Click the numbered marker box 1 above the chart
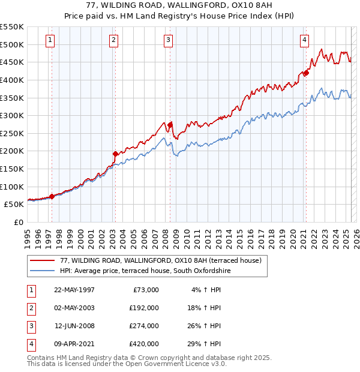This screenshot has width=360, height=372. click(x=49, y=40)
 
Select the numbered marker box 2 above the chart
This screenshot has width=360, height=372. click(x=113, y=40)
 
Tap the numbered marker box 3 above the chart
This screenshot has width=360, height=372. click(x=168, y=40)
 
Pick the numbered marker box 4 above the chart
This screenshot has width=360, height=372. click(x=305, y=40)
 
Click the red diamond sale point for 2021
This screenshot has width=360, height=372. click(x=305, y=73)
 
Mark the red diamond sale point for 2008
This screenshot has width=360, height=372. click(x=170, y=125)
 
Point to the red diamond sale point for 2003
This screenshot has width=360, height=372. click(x=115, y=154)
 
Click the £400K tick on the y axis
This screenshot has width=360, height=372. click(x=12, y=80)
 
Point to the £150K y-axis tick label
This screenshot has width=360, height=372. click(x=12, y=169)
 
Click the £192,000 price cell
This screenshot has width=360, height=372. click(x=144, y=308)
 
